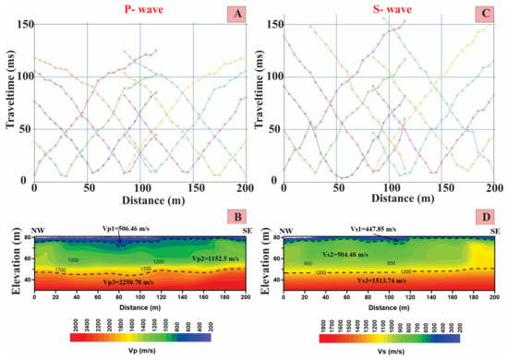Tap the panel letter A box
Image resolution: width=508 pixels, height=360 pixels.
coord(236,10)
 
